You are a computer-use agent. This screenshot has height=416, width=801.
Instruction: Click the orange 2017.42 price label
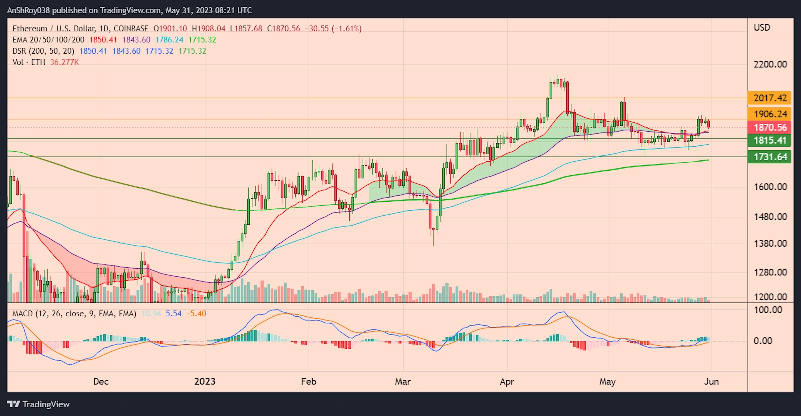[x=770, y=98]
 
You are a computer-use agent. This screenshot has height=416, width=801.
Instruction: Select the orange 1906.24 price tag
[x=770, y=114]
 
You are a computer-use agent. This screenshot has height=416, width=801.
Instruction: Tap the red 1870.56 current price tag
[x=770, y=128]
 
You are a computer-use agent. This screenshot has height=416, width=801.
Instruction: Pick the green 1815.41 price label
[x=770, y=141]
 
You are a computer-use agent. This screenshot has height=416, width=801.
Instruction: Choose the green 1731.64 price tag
[x=770, y=157]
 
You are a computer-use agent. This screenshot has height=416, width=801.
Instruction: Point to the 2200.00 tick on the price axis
[x=770, y=64]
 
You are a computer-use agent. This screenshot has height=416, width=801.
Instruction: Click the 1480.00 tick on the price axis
[x=770, y=217]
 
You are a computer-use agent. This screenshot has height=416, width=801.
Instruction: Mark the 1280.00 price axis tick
[x=770, y=272]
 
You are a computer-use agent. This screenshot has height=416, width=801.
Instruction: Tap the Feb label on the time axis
[x=309, y=381]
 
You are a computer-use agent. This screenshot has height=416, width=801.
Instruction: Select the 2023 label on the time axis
[x=205, y=381]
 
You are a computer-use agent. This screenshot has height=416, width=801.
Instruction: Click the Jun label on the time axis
[x=711, y=381]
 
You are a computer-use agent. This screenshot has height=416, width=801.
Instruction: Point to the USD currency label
[x=762, y=28]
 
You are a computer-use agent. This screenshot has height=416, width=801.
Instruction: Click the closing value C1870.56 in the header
[x=283, y=29]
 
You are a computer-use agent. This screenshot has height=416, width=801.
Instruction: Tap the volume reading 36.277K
[x=64, y=62]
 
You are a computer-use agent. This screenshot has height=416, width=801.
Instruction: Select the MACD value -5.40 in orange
[x=196, y=314]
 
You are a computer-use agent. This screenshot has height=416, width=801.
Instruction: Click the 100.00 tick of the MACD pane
[x=768, y=310]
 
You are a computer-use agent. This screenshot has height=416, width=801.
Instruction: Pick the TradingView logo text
[x=46, y=404]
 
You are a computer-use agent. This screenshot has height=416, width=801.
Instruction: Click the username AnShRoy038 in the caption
[x=28, y=10]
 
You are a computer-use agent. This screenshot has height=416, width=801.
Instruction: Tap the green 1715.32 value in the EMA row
[x=202, y=40]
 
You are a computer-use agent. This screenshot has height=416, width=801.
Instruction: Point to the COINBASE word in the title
[x=131, y=29]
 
